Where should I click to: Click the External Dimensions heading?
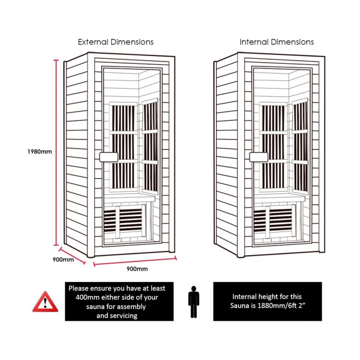[115, 42]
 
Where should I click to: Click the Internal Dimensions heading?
[276, 42]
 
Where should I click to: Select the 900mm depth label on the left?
[63, 260]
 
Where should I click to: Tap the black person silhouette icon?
[193, 301]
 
